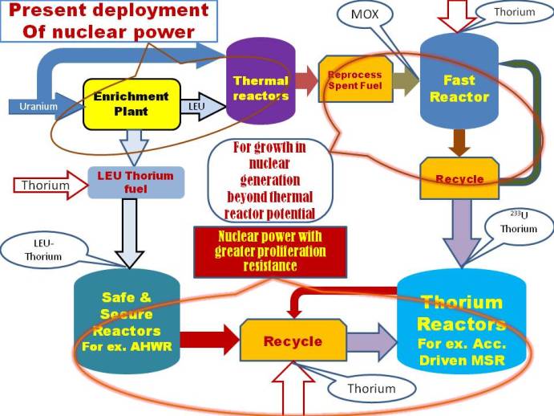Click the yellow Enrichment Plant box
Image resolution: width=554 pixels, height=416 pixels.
(131, 104)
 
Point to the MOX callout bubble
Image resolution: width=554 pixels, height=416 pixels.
(364, 15)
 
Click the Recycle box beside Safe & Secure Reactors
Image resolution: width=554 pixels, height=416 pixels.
(293, 341)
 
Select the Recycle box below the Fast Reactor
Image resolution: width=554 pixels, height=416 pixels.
(459, 178)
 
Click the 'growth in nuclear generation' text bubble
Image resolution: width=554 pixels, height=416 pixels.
(270, 179)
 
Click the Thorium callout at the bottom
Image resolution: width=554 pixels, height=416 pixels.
(371, 388)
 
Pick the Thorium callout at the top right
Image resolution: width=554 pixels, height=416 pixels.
(511, 13)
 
